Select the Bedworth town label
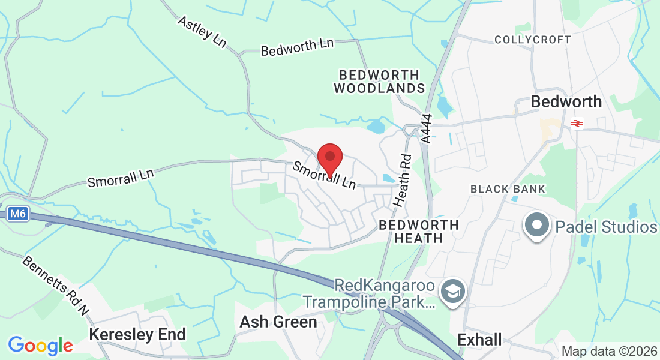tap(566, 102)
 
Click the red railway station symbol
tap(577, 124)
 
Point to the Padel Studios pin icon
tap(537, 226)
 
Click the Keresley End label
tap(137, 334)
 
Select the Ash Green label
tap(278, 322)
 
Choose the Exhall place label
tap(479, 340)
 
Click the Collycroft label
tap(533, 40)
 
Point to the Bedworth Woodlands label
tap(379, 82)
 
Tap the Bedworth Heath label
tap(419, 232)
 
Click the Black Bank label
tap(508, 189)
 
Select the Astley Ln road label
tap(202, 31)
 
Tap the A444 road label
tap(426, 128)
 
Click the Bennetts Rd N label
tap(56, 286)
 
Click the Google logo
tap(40, 346)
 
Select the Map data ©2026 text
tap(608, 351)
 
